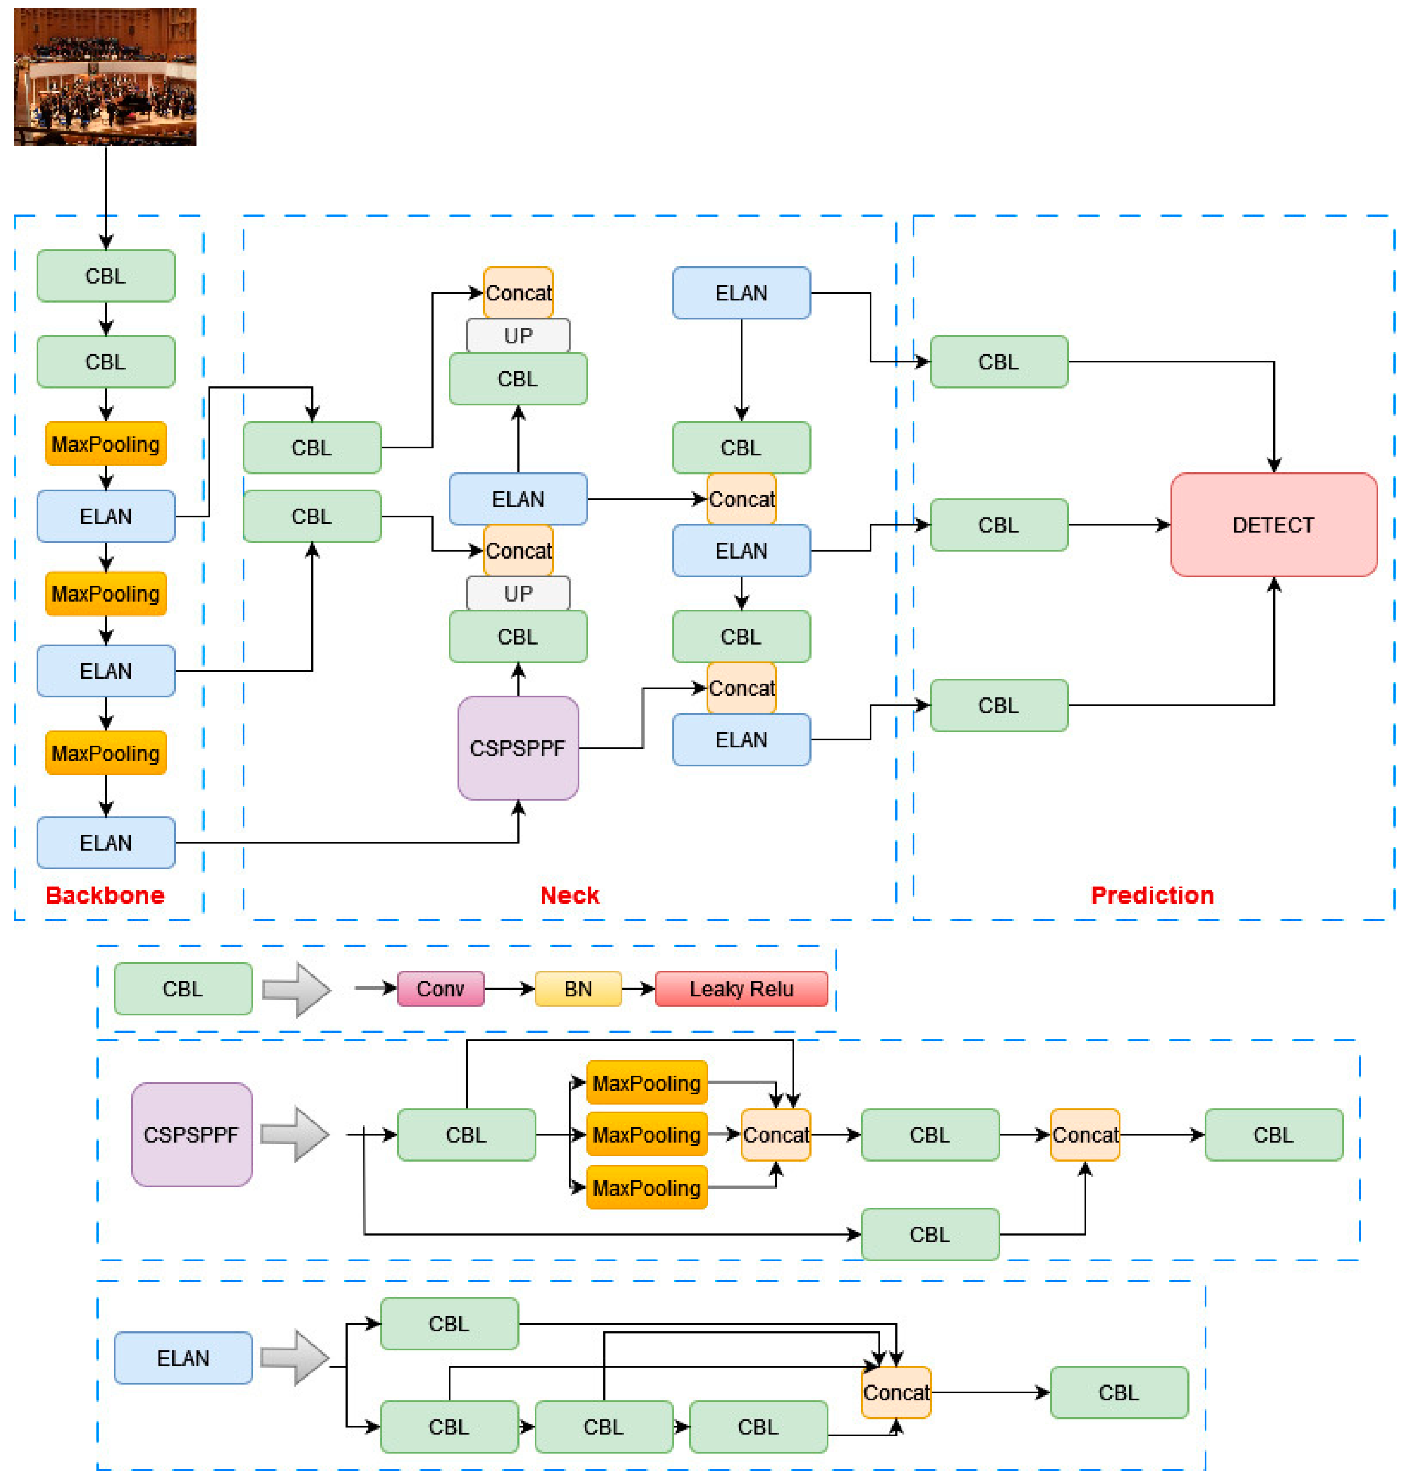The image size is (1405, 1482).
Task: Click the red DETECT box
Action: click(1273, 524)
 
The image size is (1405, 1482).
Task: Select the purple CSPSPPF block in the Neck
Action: click(517, 748)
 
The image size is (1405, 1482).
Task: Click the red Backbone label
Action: click(105, 895)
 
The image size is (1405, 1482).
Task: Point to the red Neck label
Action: click(569, 895)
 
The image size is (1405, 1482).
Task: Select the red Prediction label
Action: click(1152, 895)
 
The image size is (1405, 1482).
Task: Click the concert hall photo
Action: click(105, 77)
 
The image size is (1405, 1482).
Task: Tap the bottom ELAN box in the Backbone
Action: click(105, 842)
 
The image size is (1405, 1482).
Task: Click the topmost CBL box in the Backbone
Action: click(105, 276)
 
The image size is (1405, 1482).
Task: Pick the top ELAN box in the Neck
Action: click(741, 293)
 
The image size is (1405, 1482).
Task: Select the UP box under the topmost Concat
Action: click(517, 336)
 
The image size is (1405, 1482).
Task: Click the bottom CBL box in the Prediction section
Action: click(998, 705)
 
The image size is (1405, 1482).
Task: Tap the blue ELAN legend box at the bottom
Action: click(183, 1358)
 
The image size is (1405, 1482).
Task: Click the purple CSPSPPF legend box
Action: click(191, 1134)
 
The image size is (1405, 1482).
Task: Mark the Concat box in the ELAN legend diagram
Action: click(896, 1392)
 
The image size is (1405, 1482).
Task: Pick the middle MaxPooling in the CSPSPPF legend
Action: click(646, 1134)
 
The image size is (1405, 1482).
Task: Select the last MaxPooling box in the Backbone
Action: click(105, 753)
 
